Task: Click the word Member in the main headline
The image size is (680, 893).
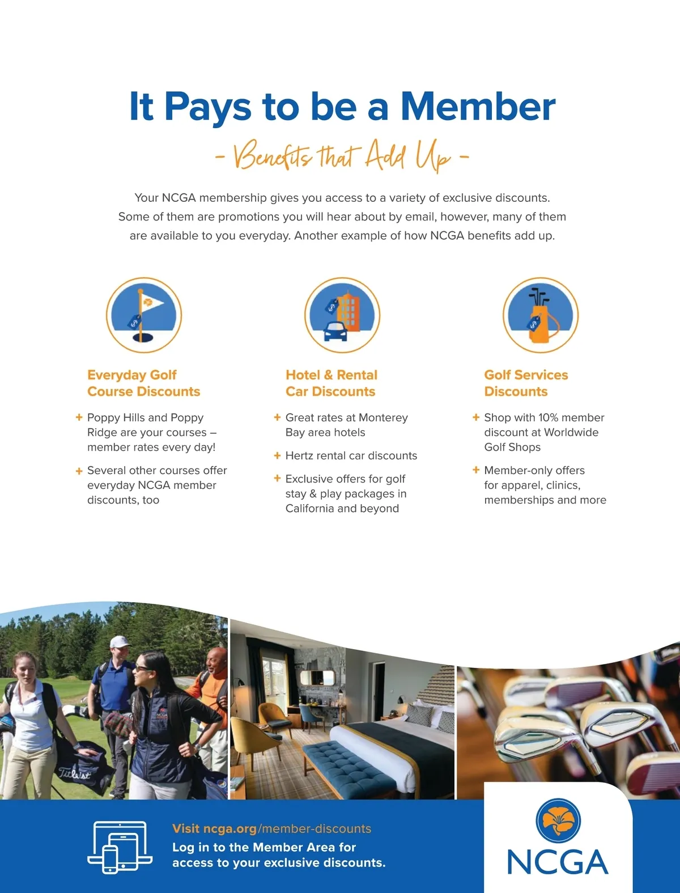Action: coord(478,106)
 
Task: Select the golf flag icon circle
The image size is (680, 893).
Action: coord(144,315)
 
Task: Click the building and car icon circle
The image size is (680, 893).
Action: coord(342,315)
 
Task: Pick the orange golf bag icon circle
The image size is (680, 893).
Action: coord(541,315)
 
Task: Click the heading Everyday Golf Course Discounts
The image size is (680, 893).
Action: coord(144,383)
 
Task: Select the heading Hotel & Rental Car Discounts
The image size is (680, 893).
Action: coord(331,383)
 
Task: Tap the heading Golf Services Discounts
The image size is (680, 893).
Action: coord(526,383)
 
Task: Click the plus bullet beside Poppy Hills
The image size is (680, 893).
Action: coord(79,417)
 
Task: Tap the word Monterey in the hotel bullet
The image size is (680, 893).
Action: coord(383,418)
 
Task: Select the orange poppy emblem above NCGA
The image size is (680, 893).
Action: coord(558,820)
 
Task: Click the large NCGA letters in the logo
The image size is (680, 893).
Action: coord(558,862)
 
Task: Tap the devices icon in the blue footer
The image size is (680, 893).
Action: coord(120,847)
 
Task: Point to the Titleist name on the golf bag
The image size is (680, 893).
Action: coord(74,773)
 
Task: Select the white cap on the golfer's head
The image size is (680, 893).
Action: coord(120,642)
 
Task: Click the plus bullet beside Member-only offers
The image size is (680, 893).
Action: coord(476,470)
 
